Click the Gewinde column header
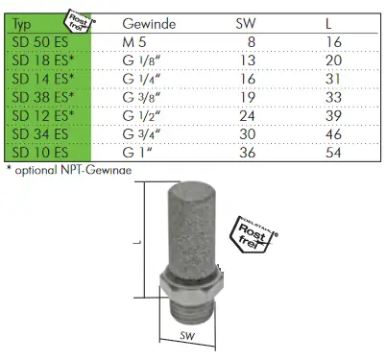coord(149,24)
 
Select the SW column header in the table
coord(246,24)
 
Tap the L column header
coord(328,24)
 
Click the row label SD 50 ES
coord(40,42)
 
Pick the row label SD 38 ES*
coord(43,98)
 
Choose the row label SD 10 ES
coord(40,153)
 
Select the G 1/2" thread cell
coord(141,116)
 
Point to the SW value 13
coord(248,60)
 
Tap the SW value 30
coord(248,134)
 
